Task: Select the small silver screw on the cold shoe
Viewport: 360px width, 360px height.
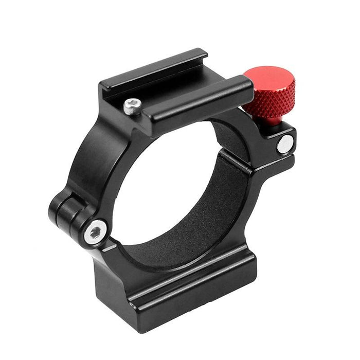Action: tap(132, 106)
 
